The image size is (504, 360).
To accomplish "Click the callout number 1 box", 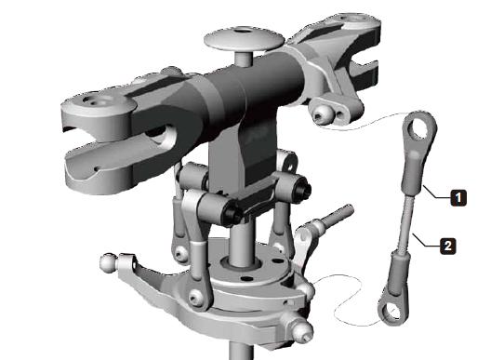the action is point(458,197).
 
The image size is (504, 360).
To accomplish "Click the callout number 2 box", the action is point(447,246).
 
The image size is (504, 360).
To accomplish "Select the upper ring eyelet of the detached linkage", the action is point(419,128).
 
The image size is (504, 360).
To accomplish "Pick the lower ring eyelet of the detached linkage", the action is point(392,311).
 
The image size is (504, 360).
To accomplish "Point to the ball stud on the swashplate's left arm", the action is point(109,262).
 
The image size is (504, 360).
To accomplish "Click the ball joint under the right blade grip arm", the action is point(322,114).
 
